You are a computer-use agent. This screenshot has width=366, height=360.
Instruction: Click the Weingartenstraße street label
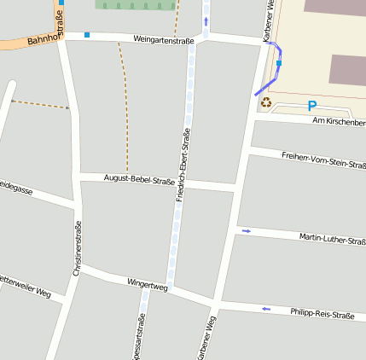point(164,40)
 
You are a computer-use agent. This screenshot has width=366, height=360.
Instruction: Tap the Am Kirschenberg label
point(339,123)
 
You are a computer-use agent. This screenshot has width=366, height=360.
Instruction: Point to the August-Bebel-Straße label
point(139,179)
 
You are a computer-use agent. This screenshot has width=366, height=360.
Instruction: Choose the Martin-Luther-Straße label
point(332,239)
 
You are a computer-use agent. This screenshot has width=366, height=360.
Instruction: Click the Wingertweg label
point(148,282)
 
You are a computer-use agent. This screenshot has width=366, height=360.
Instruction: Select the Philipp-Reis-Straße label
point(322,315)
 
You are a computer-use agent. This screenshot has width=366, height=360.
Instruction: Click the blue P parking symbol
point(312,107)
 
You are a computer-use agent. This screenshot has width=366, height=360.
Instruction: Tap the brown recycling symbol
point(266,103)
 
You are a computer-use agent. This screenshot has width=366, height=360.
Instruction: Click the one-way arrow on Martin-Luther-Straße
point(247,230)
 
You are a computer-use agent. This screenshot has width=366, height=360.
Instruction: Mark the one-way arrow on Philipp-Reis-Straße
point(266,309)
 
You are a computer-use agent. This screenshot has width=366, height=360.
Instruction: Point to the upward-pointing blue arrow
point(206,20)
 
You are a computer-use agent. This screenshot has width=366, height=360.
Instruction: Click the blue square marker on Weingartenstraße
point(87,35)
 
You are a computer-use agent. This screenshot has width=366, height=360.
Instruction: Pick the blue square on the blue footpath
point(279,63)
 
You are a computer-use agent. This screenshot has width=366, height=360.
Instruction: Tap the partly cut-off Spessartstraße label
point(142,336)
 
